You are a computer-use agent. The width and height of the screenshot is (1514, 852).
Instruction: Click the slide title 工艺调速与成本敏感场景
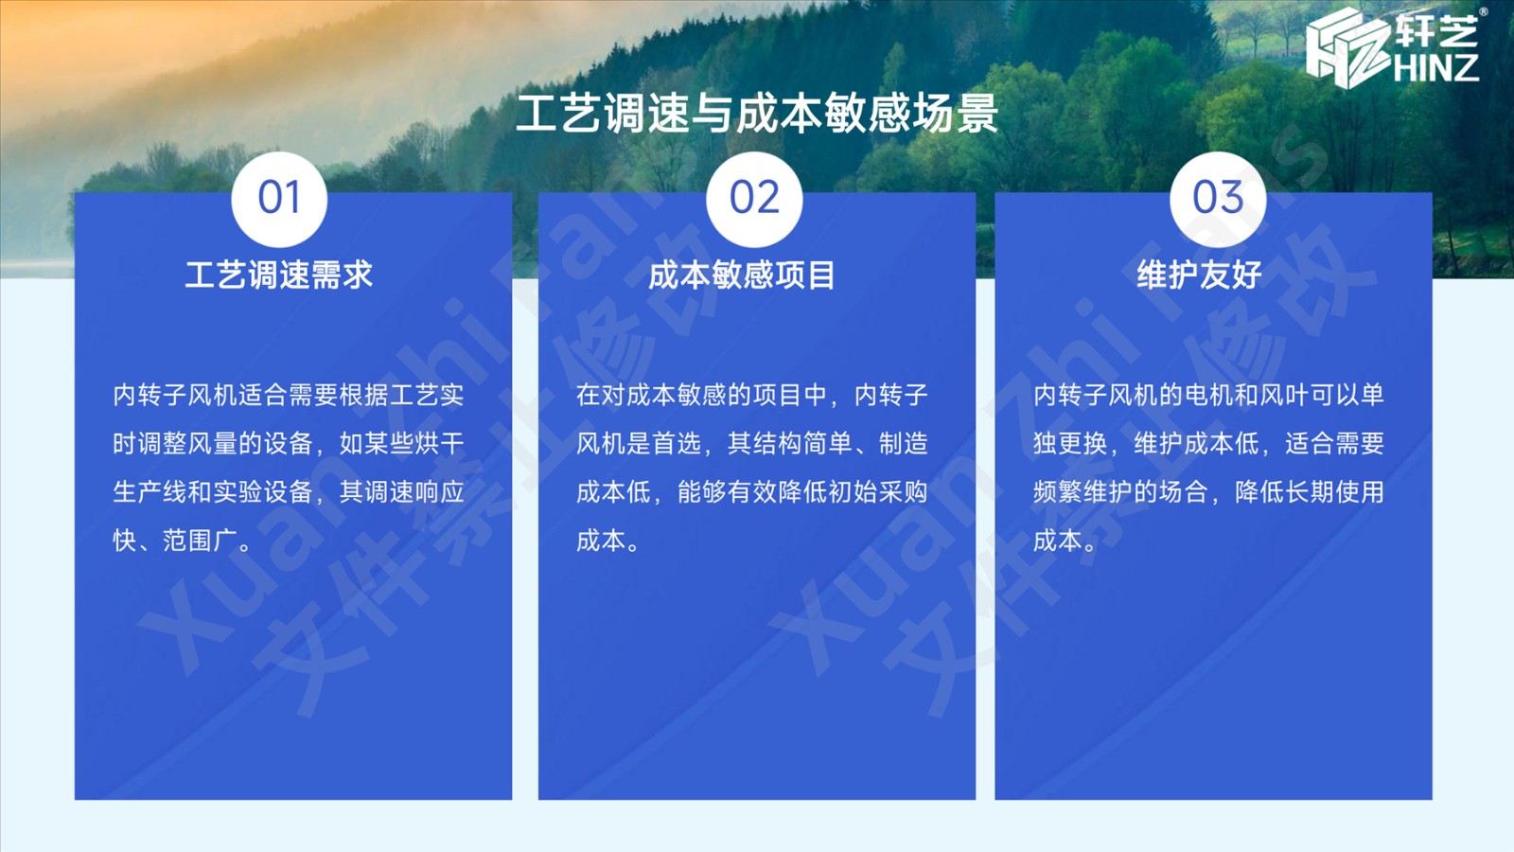[756, 113]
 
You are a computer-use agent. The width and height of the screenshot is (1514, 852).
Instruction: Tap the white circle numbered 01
[279, 199]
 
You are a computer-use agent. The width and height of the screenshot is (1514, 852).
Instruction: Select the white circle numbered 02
[754, 199]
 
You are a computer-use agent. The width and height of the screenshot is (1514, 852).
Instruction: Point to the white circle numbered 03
[1218, 199]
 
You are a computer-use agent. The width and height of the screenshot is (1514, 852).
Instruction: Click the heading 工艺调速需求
[278, 275]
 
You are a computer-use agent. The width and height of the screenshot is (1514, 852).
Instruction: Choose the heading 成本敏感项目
[742, 275]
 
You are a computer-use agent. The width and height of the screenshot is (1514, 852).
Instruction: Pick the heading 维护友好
[1199, 275]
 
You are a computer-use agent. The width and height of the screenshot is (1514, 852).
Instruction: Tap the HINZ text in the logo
[1435, 67]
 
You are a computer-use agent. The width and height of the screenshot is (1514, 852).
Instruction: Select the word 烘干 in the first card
[439, 444]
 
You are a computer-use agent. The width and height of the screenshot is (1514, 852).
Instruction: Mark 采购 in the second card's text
[903, 492]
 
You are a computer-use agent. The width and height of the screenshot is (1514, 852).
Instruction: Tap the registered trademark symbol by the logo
[1484, 11]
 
